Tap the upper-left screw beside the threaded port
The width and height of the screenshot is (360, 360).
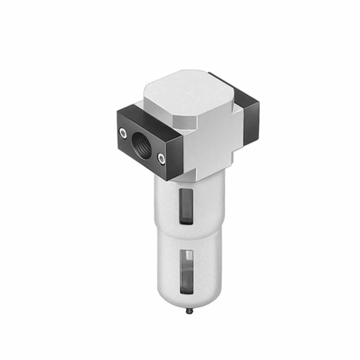(x=122, y=131)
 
